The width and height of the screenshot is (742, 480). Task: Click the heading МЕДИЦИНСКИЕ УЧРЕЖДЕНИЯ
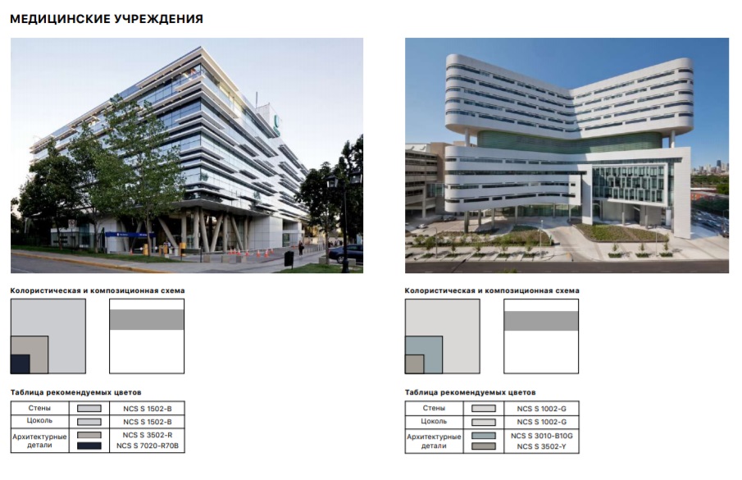[x=107, y=19]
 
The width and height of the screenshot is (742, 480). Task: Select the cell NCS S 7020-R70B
[x=147, y=446]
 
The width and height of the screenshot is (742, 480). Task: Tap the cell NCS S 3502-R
[x=147, y=435]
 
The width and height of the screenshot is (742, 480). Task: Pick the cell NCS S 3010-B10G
[x=541, y=436]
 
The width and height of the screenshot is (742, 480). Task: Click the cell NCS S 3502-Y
[x=541, y=446]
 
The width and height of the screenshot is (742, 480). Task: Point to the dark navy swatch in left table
[x=89, y=446]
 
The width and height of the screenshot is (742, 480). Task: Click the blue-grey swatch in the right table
[x=484, y=436]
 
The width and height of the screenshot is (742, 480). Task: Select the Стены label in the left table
[x=39, y=408]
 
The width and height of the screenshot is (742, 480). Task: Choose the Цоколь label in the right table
[x=434, y=421]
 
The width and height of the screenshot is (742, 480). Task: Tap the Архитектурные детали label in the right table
[x=434, y=441]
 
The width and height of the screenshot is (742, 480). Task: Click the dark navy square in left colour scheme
[x=20, y=364]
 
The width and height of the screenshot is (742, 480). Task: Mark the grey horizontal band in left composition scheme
[x=147, y=319]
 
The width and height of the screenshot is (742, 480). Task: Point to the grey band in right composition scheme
[x=541, y=321]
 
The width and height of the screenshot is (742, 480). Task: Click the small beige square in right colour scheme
[x=415, y=364]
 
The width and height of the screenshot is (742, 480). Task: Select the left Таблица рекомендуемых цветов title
[x=75, y=392]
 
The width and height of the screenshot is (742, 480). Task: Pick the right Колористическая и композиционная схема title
[x=492, y=290]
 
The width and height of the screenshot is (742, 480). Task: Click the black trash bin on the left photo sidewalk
[x=289, y=258]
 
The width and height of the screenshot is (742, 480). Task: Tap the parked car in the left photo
[x=346, y=254]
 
